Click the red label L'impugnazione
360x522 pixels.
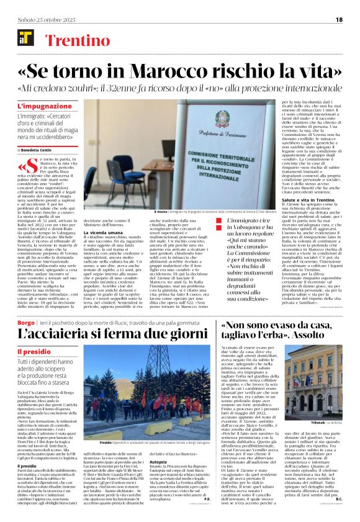point(40,106)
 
